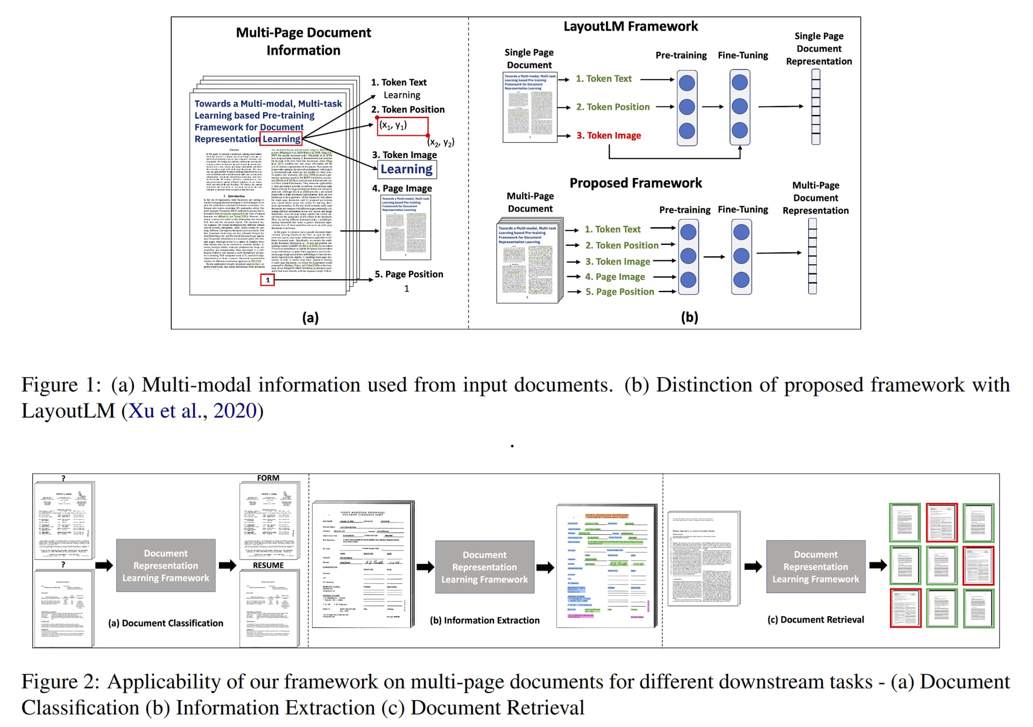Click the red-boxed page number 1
[x=267, y=280]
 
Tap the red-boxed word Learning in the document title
[x=281, y=139]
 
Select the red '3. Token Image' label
[x=609, y=136]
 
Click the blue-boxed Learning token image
[x=406, y=170]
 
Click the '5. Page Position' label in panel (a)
[x=409, y=274]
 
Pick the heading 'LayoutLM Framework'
[x=631, y=26]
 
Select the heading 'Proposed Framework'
[x=635, y=183]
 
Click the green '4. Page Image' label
[x=615, y=277]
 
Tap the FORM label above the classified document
[x=268, y=478]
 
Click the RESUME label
[x=268, y=565]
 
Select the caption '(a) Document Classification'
[x=166, y=623]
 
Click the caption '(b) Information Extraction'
[x=484, y=620]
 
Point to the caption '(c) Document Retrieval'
[x=816, y=620]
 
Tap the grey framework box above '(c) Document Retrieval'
[x=816, y=567]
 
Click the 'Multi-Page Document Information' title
[x=303, y=41]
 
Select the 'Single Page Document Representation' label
[x=819, y=49]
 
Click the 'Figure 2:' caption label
[x=61, y=682]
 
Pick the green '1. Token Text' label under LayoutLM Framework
[x=604, y=79]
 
